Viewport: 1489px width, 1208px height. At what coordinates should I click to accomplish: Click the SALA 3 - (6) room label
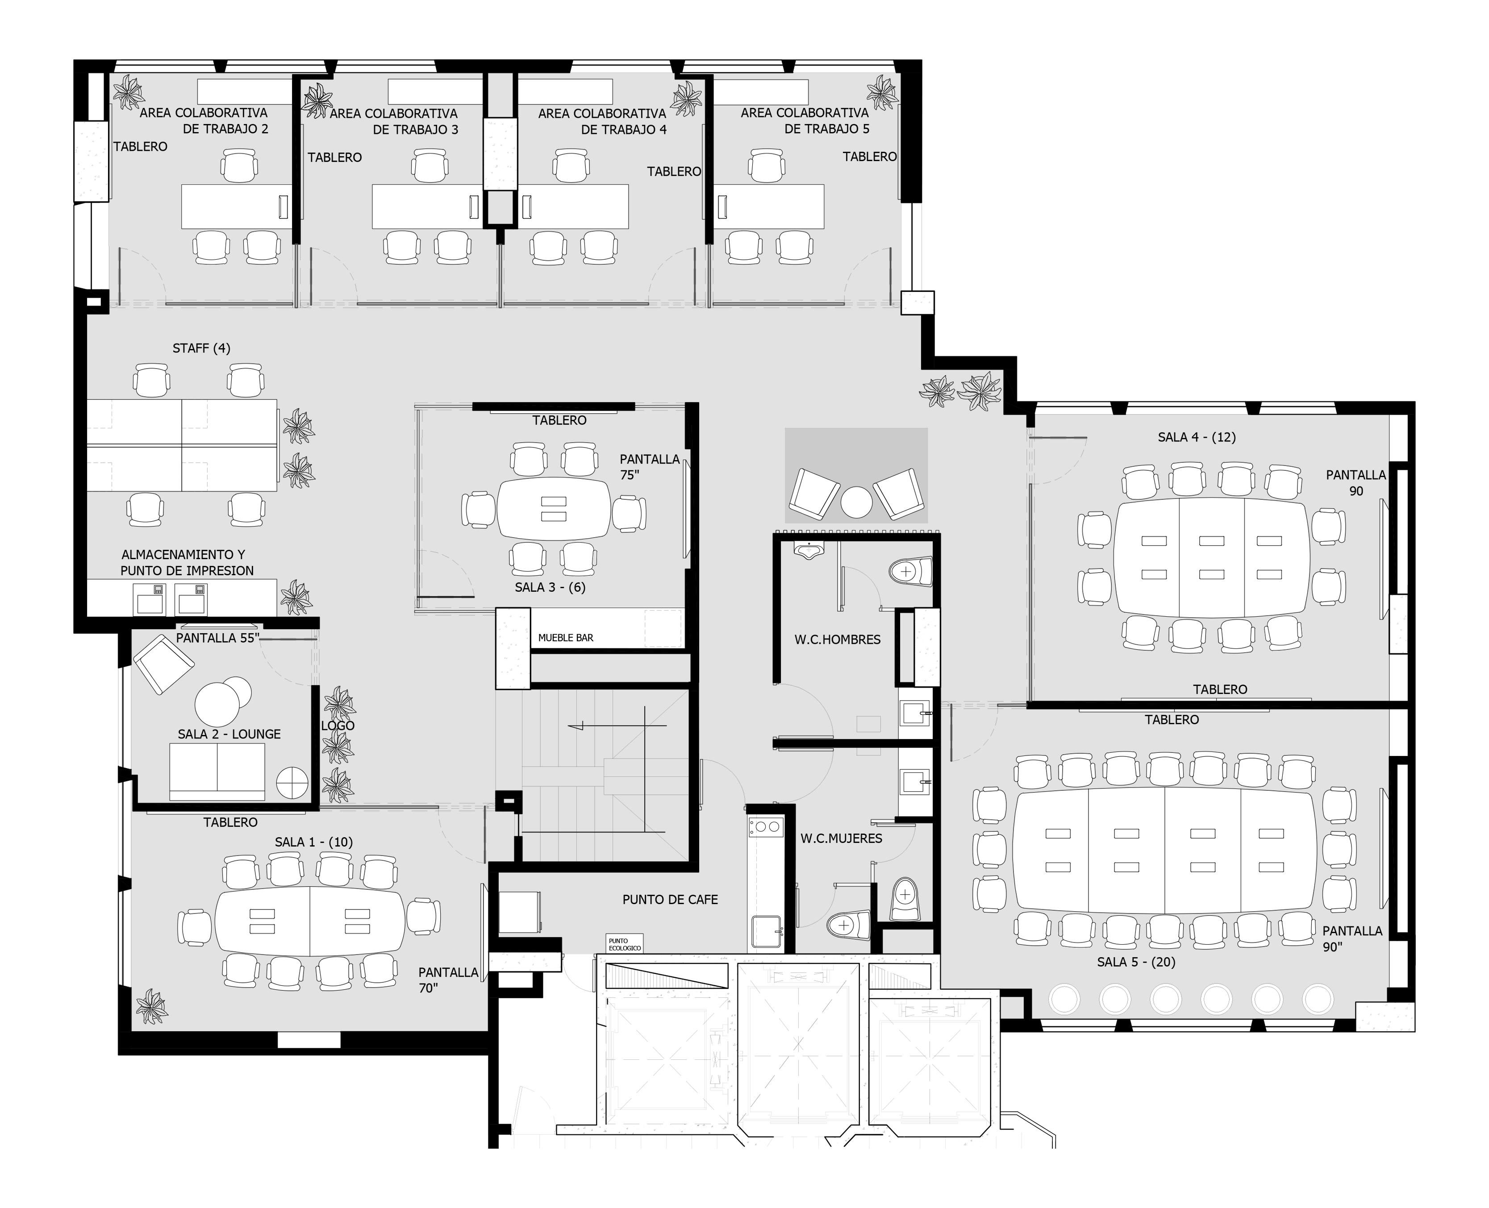[550, 587]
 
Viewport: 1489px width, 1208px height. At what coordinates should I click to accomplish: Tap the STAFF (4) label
[201, 348]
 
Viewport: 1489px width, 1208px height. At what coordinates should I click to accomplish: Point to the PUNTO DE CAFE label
[670, 900]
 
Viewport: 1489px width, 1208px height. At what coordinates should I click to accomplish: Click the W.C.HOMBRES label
[838, 639]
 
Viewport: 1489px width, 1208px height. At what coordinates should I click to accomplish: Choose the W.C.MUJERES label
[841, 839]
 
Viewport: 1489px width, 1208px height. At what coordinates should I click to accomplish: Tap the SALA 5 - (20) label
[1136, 963]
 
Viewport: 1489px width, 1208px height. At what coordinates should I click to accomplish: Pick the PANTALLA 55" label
[217, 637]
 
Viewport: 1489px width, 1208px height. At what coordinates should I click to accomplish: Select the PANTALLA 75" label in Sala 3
[650, 467]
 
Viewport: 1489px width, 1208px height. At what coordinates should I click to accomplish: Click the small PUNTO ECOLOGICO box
[625, 943]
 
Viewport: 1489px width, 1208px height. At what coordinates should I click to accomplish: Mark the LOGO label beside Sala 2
[338, 726]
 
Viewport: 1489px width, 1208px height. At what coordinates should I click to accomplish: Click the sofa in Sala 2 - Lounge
[217, 772]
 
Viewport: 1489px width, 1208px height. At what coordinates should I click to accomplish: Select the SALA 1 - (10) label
[313, 842]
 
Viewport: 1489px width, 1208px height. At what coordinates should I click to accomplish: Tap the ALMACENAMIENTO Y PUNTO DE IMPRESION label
[187, 563]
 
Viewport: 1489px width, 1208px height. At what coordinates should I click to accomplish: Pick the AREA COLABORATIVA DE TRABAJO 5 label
[805, 120]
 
